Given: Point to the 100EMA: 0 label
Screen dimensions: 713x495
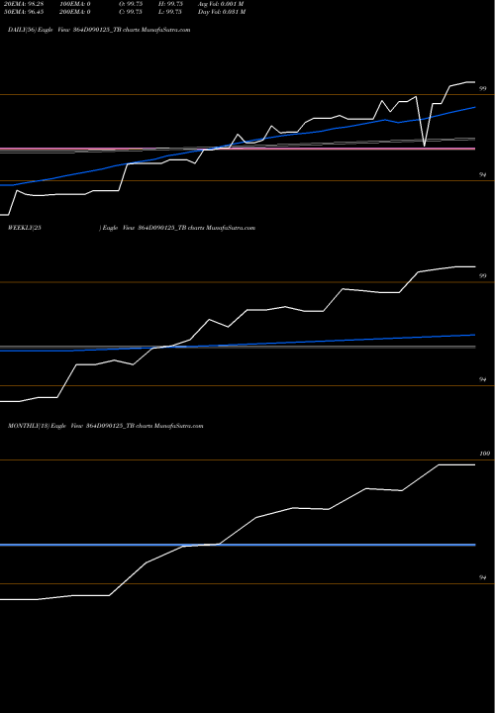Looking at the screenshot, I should (x=82, y=5).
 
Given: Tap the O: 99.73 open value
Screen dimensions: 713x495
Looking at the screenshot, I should (x=136, y=5).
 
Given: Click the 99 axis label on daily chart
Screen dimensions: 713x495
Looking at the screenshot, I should (x=483, y=89).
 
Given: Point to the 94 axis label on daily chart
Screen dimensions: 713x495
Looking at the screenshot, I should (x=483, y=174).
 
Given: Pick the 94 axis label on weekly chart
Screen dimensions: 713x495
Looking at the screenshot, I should (x=483, y=379).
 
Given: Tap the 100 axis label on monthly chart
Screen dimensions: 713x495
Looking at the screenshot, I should (x=483, y=454).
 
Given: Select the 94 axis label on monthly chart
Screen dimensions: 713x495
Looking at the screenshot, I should (x=483, y=576).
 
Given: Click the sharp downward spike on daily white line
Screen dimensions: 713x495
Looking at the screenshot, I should (x=425, y=146).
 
